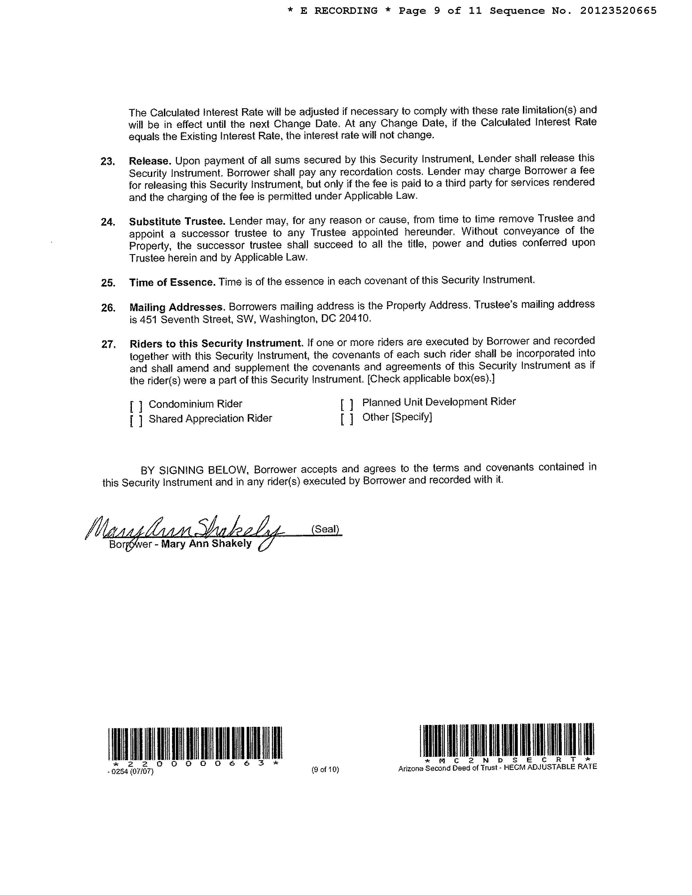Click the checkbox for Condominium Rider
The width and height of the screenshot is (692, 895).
[x=137, y=406]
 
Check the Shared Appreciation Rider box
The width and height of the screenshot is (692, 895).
[x=137, y=420]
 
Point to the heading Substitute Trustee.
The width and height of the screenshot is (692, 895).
[x=177, y=222]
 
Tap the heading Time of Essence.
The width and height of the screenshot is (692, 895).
[x=172, y=282]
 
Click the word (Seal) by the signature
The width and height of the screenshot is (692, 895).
[x=325, y=529]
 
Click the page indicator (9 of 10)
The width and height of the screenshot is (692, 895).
[x=325, y=770]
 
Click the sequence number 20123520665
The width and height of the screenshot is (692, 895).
[x=618, y=11]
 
